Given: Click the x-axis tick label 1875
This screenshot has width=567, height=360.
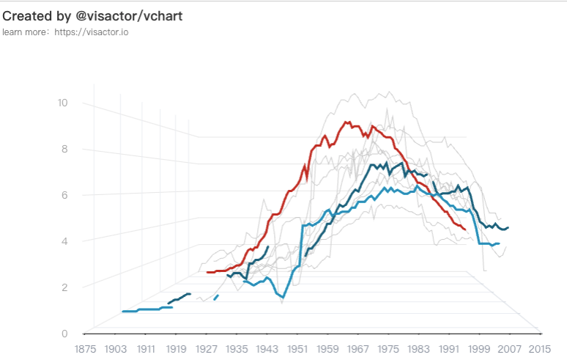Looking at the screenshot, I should click(86, 349).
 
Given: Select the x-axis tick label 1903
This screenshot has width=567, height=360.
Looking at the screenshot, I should click(116, 349).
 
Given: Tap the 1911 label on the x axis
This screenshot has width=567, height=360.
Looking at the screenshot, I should click(146, 349).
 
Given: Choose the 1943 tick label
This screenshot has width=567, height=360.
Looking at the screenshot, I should click(267, 349).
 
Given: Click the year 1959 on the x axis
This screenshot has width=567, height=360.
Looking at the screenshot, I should click(328, 349).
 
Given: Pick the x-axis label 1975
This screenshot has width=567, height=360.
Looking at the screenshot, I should click(389, 349).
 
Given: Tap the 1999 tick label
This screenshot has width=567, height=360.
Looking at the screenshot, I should click(479, 349).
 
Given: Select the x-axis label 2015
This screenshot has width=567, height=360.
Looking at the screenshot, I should click(540, 349).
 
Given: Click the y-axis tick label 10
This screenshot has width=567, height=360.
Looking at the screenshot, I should click(62, 103).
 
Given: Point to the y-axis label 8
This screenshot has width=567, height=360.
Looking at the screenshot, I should click(64, 149).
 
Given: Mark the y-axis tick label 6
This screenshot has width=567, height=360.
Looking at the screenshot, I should click(64, 195).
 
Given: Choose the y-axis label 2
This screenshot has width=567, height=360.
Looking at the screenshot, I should click(64, 287).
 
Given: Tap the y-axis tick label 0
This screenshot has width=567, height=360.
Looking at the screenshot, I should click(64, 334).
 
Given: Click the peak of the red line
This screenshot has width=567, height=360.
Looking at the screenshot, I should click(346, 122).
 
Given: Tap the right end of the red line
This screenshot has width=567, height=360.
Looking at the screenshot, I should click(465, 229).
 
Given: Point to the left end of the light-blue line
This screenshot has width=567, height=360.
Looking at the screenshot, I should click(122, 312).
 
